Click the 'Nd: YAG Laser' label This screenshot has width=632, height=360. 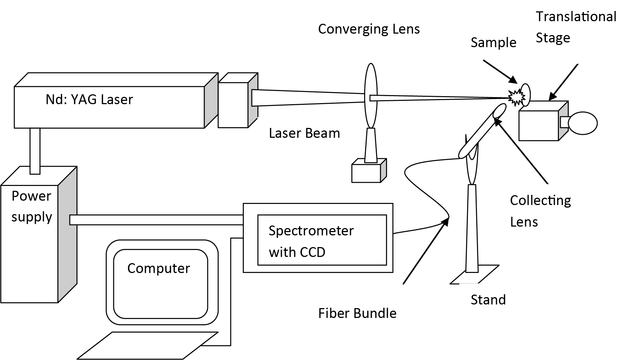(89, 100)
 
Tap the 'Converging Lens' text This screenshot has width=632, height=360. (369, 29)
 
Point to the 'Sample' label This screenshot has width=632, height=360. (493, 43)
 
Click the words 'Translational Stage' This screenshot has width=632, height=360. (576, 27)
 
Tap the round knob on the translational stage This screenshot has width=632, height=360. (583, 123)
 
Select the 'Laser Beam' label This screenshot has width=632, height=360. (304, 133)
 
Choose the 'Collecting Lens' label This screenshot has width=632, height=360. (540, 211)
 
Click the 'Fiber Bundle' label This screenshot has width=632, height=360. (357, 314)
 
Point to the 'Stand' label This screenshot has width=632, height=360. (488, 300)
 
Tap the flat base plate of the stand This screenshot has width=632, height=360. (474, 276)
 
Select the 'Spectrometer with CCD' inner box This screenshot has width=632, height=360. (322, 240)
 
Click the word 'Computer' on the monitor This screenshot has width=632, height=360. (158, 269)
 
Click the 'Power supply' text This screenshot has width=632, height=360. (31, 206)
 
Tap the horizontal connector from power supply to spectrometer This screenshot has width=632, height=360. (156, 220)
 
